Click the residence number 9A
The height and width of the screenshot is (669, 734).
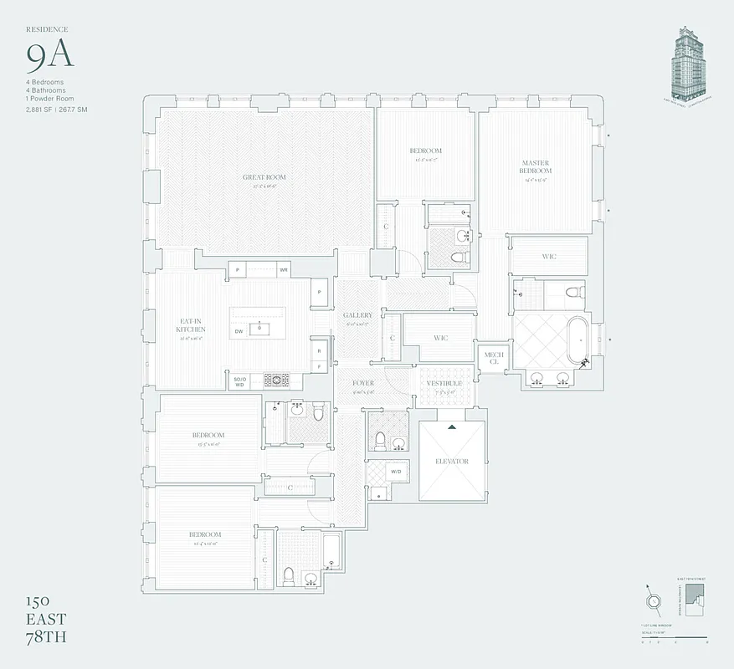coord(49,56)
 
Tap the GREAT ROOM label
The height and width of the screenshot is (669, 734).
coord(264,177)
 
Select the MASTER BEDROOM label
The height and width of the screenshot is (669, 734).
coord(535,167)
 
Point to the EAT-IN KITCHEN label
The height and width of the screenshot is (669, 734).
coord(191,325)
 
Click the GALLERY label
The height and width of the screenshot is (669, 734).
coord(357,315)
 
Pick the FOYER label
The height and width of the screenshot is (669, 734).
coord(362,383)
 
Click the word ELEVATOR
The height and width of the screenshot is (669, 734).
coord(452,462)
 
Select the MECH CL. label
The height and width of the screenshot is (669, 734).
coord(494,358)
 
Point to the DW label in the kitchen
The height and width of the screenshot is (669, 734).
coord(239,332)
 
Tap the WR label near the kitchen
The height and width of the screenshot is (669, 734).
coord(284,270)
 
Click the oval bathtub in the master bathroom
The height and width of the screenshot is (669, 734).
coord(577,340)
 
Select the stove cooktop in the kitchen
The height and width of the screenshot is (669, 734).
coord(276,380)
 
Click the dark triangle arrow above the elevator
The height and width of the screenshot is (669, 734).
coord(452,427)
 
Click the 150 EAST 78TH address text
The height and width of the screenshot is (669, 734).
coord(47,619)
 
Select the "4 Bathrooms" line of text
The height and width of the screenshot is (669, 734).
coord(45,90)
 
